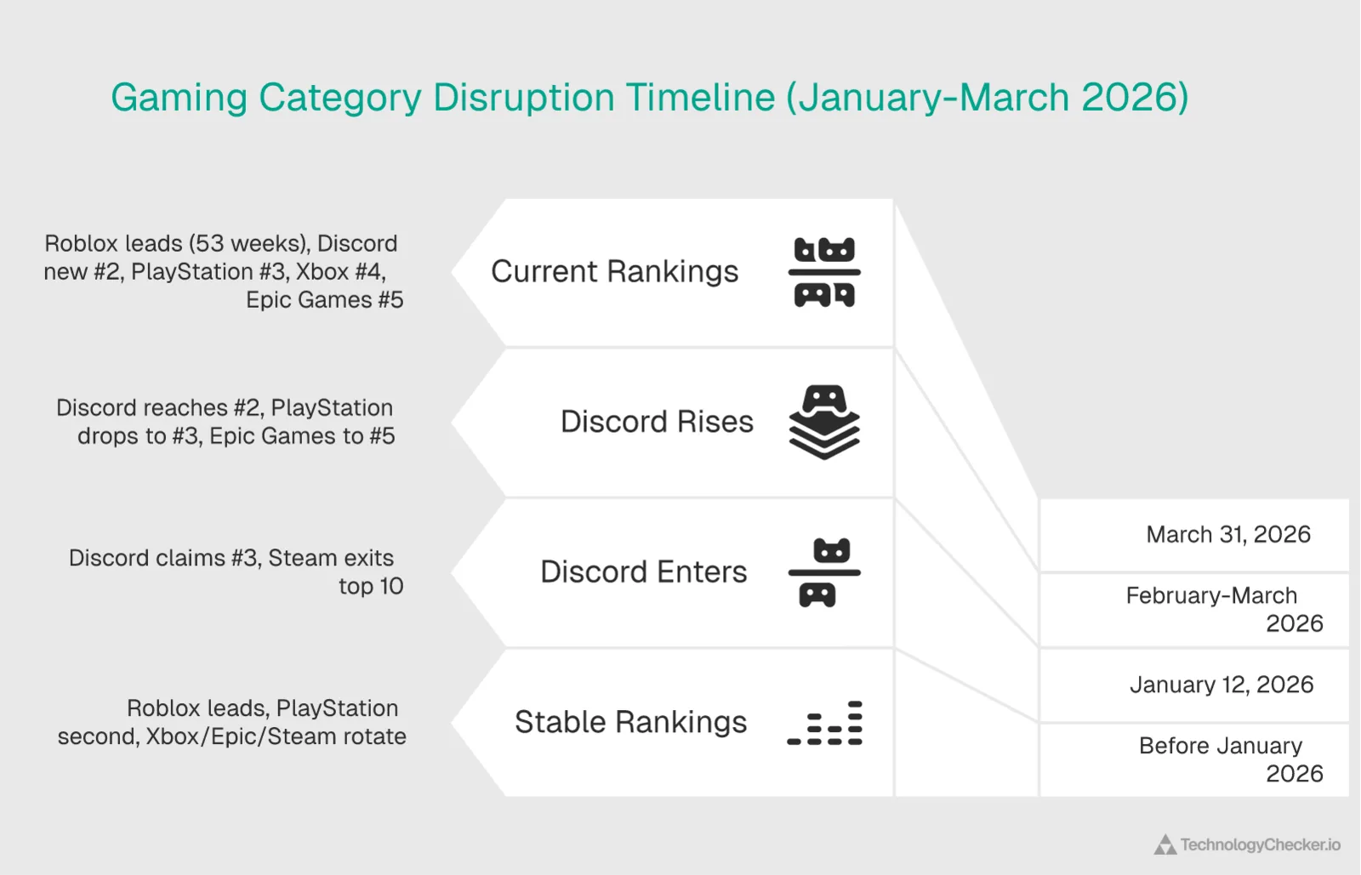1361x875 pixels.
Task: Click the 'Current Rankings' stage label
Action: [x=614, y=272]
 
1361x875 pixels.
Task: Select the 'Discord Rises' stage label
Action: [x=657, y=422]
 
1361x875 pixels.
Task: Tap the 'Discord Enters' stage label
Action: [x=643, y=572]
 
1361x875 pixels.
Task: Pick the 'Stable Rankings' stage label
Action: [x=630, y=722]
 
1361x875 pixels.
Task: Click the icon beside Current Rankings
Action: [x=824, y=272]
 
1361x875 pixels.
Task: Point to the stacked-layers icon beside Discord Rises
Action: [x=824, y=422]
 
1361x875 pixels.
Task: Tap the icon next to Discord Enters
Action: [x=824, y=572]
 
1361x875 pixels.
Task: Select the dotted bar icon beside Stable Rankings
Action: [x=824, y=724]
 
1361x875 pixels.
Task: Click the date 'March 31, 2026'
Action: [x=1227, y=535]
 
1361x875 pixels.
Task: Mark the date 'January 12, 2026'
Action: [x=1221, y=685]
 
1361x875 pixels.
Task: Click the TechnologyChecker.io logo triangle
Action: [x=1165, y=845]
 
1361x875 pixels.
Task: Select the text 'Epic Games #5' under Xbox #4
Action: [x=324, y=300]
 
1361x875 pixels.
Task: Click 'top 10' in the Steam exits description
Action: [x=371, y=587]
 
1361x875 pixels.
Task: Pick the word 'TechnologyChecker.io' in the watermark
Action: [x=1260, y=845]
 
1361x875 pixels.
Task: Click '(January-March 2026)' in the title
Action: [x=987, y=98]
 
